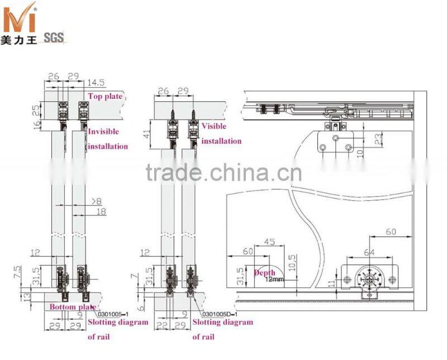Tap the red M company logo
tap(20, 21)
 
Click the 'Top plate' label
tap(104, 96)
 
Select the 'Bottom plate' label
tap(72, 307)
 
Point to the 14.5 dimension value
tap(97, 83)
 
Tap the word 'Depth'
tap(265, 272)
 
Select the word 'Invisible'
tap(103, 131)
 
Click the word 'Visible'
tap(215, 126)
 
